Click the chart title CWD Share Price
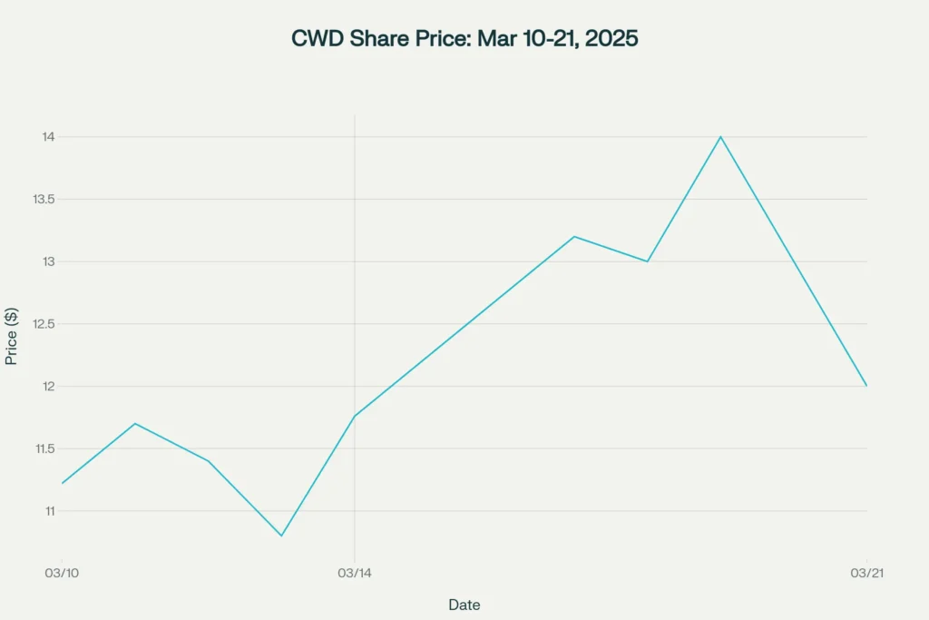tap(464, 39)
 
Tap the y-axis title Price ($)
tap(12, 335)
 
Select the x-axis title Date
tap(464, 605)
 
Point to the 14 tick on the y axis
tap(48, 137)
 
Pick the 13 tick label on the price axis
tap(48, 261)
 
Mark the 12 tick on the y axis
tap(48, 387)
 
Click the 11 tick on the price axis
tap(48, 511)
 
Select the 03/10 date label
tap(61, 573)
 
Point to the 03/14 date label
tap(354, 573)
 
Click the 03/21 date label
tap(866, 573)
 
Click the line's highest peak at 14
tap(720, 137)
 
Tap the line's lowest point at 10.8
tap(281, 536)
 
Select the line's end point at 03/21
tap(866, 386)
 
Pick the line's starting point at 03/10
tap(62, 483)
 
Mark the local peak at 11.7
tap(135, 423)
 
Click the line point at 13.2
tap(574, 236)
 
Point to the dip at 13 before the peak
tap(648, 261)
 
